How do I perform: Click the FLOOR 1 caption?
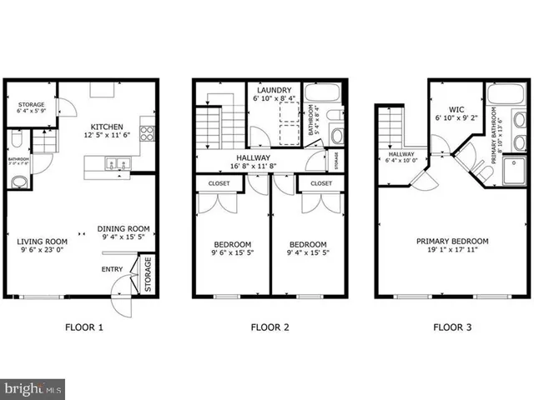click(84, 327)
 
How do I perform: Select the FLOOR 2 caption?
click(270, 327)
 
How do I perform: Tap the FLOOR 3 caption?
click(451, 327)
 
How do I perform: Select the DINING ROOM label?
click(123, 229)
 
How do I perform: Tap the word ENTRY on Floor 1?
click(111, 268)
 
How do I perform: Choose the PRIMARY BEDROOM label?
click(453, 242)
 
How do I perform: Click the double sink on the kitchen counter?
click(114, 164)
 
